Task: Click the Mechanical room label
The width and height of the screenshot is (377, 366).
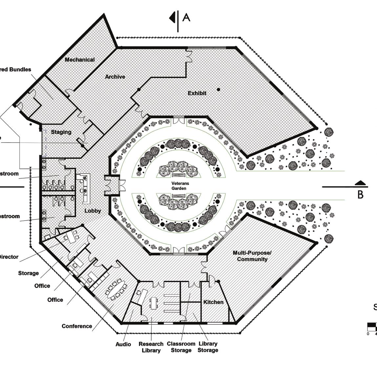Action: [x=80, y=60]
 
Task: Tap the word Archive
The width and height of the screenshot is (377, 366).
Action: [x=115, y=77]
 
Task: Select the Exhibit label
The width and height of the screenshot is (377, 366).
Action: [x=197, y=93]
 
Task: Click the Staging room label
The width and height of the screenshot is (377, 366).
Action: [x=61, y=132]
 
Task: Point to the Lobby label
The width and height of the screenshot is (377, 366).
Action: [x=93, y=211]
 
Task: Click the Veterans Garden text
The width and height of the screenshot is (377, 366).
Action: [x=179, y=186]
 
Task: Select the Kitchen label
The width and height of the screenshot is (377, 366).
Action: [x=213, y=302]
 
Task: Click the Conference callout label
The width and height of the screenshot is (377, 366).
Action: [x=77, y=326]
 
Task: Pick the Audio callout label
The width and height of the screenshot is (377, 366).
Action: [x=123, y=344]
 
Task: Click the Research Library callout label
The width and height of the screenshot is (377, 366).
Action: [x=151, y=347]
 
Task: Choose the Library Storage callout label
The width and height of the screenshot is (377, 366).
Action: [x=208, y=347]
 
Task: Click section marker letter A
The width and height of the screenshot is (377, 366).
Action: [x=186, y=17]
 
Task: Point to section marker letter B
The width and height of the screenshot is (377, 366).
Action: [x=360, y=195]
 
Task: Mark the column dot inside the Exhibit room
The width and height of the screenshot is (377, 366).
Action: [x=219, y=89]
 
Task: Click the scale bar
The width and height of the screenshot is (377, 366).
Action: [x=372, y=326]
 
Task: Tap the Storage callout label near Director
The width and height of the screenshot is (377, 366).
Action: [x=28, y=273]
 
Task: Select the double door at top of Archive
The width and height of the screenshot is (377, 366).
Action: [x=189, y=56]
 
